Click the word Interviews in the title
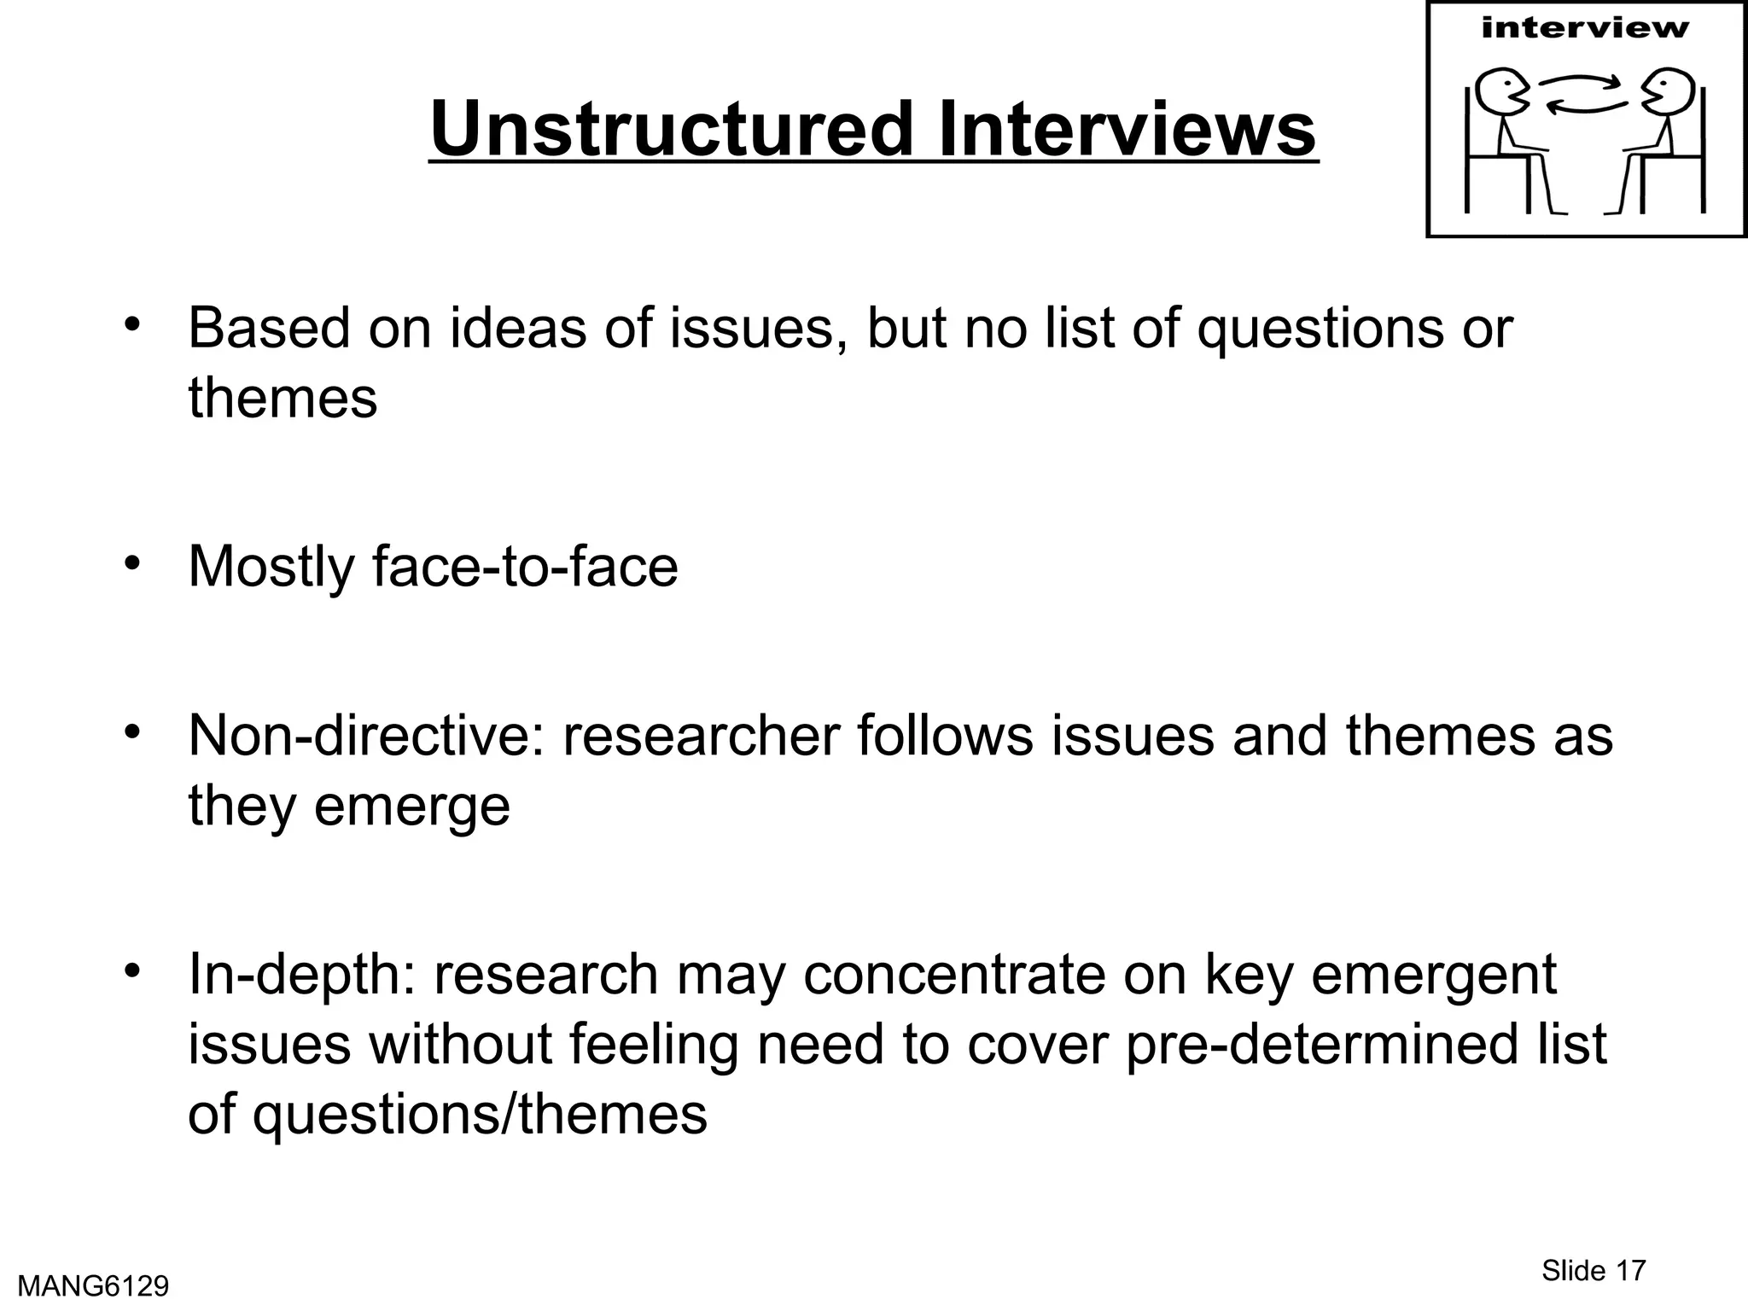click(1127, 130)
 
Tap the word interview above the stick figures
click(1585, 28)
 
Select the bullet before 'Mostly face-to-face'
click(131, 562)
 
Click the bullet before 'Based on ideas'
click(131, 324)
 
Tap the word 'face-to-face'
click(525, 566)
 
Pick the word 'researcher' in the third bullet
click(701, 735)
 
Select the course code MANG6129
click(93, 1285)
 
